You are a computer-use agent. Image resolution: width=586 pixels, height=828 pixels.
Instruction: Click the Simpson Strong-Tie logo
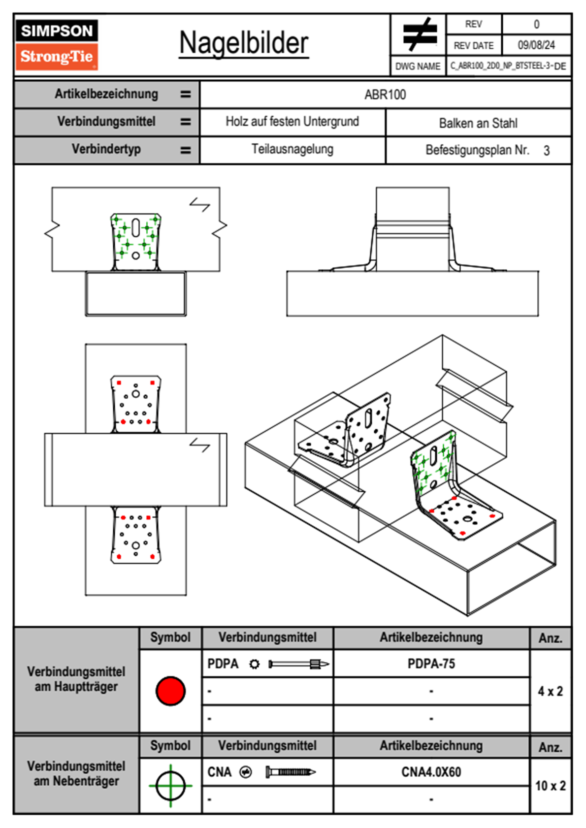[57, 45]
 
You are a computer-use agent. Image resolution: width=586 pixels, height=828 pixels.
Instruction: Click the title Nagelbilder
[244, 43]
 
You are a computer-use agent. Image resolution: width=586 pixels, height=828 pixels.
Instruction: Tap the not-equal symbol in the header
[419, 34]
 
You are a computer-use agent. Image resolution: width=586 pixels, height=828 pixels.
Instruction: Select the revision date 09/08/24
[536, 45]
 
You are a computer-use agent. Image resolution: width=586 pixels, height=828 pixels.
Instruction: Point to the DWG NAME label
[418, 66]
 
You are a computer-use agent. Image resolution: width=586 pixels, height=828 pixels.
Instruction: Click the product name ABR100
[385, 95]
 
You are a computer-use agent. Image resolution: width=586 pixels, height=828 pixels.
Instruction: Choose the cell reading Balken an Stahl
[478, 123]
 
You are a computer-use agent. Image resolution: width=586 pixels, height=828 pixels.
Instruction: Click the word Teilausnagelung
[293, 149]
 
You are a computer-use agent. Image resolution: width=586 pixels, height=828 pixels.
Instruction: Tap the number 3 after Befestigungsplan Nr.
[546, 151]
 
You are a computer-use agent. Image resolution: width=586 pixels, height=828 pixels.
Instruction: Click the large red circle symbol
[170, 691]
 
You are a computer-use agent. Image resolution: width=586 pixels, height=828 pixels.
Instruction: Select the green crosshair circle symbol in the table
[170, 786]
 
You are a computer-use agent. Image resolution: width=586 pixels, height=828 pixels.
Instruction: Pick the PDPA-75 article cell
[431, 664]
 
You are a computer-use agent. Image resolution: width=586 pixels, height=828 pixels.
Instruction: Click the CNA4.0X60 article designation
[431, 772]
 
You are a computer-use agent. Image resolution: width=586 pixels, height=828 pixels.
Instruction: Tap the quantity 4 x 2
[550, 691]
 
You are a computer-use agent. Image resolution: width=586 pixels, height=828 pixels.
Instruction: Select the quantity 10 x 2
[550, 786]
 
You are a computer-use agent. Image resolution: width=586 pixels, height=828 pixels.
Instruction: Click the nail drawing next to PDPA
[298, 664]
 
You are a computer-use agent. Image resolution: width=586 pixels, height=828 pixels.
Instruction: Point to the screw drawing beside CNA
[291, 772]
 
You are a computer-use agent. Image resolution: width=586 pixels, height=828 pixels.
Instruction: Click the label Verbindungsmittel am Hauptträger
[76, 679]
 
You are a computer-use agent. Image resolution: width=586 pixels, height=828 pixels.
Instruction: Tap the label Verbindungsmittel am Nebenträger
[76, 773]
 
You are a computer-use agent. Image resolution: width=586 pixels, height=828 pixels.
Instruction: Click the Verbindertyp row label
[106, 149]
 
